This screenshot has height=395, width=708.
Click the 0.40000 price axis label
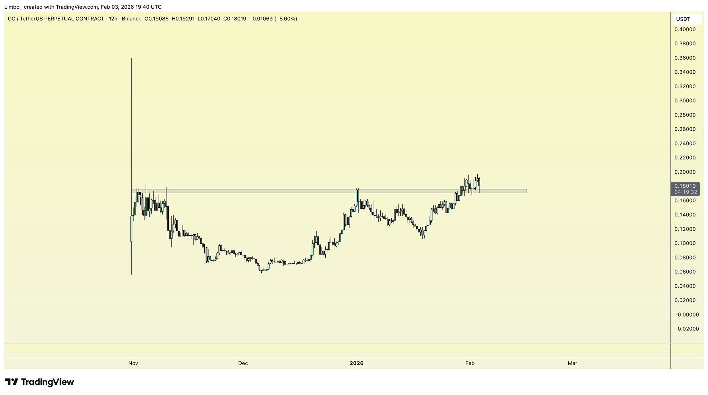pyautogui.click(x=685, y=29)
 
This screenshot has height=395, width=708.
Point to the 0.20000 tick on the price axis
pyautogui.click(x=685, y=172)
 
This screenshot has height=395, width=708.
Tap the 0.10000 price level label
pyautogui.click(x=685, y=243)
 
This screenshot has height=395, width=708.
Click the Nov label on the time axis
pyautogui.click(x=133, y=363)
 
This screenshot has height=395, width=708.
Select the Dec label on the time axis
pyautogui.click(x=243, y=363)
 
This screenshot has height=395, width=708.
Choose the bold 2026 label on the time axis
pyautogui.click(x=356, y=363)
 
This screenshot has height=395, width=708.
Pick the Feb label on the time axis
pyautogui.click(x=470, y=363)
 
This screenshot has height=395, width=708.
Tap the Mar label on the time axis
pyautogui.click(x=572, y=363)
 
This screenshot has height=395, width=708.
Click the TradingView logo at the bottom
pyautogui.click(x=39, y=382)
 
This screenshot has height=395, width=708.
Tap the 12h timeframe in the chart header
pyautogui.click(x=113, y=19)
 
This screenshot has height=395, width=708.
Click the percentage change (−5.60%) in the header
pyautogui.click(x=286, y=19)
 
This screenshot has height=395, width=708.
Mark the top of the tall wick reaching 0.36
pyautogui.click(x=131, y=58)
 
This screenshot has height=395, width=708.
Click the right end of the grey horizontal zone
pyautogui.click(x=526, y=191)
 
